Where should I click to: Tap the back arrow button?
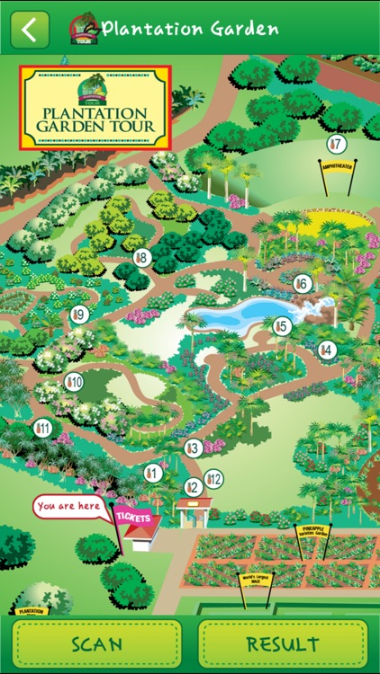click(30, 29)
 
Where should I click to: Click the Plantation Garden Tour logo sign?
click(95, 108)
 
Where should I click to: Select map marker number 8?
click(142, 258)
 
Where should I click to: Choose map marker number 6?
click(303, 284)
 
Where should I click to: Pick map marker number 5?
click(282, 326)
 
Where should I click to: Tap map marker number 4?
click(327, 350)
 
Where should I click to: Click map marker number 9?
click(79, 315)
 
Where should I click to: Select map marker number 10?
click(74, 382)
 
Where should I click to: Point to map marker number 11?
click(41, 428)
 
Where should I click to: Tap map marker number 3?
click(192, 448)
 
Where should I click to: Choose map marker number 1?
click(152, 472)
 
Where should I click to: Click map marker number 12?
click(213, 479)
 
